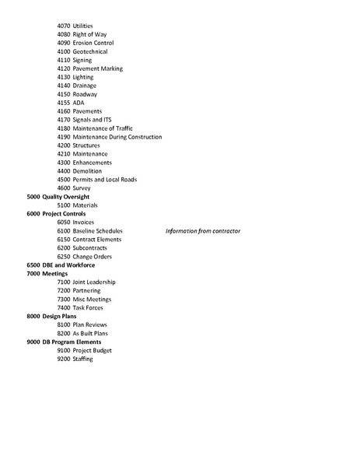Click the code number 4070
click(64, 26)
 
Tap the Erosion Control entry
click(93, 44)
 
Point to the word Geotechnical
click(90, 52)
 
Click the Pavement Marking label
click(98, 68)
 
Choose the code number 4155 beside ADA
click(64, 103)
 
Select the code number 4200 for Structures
click(64, 145)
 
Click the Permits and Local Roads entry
click(105, 180)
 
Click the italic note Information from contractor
click(203, 231)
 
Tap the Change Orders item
click(93, 257)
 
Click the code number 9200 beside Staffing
click(64, 359)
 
